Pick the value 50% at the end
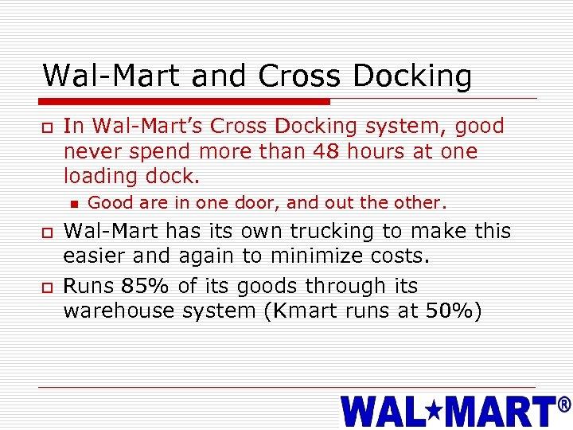coord(453,311)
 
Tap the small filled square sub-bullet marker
coord(75,203)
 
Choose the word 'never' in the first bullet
coord(88,151)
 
